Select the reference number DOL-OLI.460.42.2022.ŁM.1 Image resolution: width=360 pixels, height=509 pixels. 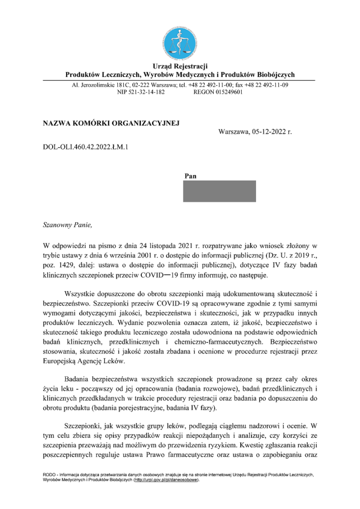(86, 147)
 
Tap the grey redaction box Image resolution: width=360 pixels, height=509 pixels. (220, 191)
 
